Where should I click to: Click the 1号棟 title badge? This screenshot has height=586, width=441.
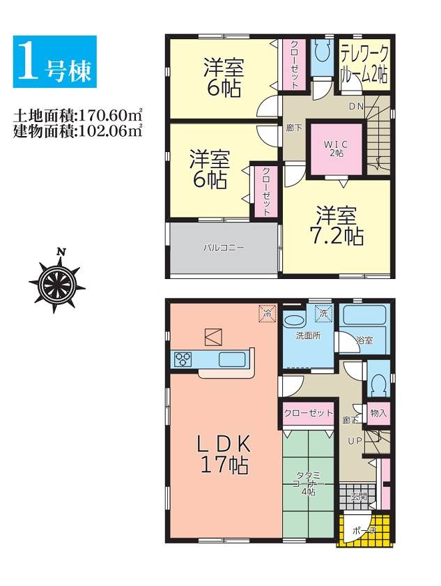[x=55, y=61]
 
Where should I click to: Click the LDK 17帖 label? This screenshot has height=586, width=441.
[x=224, y=455]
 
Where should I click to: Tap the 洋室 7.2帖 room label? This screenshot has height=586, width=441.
[x=336, y=226]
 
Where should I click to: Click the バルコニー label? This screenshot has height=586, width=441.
[x=224, y=248]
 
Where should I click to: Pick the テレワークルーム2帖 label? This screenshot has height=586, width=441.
[x=364, y=65]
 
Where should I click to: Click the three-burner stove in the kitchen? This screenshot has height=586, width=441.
[x=183, y=359]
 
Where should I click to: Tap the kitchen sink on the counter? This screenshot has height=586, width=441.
[x=232, y=359]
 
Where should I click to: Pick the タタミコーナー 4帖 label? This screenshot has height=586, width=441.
[x=309, y=484]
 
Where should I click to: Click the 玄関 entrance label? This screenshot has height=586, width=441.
[x=358, y=497]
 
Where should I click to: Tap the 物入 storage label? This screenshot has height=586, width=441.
[x=378, y=413]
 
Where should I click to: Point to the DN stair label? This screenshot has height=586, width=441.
[x=356, y=106]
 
